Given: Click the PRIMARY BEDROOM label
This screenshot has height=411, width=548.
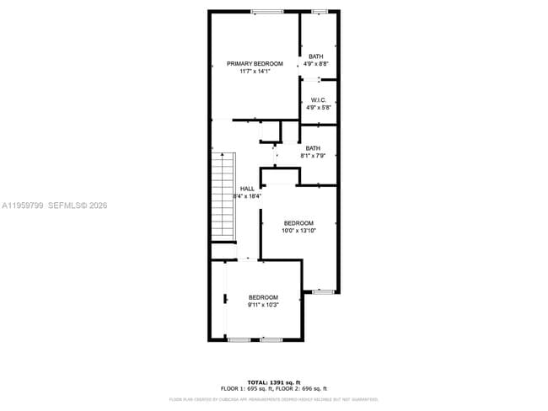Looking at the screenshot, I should (254, 64).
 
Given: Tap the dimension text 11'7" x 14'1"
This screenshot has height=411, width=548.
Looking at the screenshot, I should (254, 72).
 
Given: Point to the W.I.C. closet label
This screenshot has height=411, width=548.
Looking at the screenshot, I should (319, 100).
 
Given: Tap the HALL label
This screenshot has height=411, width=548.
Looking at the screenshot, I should (247, 189).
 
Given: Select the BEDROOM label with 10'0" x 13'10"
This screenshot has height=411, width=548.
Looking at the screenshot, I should (298, 223).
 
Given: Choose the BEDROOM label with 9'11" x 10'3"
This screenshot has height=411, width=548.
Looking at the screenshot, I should (263, 297).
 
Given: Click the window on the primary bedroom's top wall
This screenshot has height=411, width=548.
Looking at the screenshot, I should (266, 11).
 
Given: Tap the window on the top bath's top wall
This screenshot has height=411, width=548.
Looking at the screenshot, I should (320, 11).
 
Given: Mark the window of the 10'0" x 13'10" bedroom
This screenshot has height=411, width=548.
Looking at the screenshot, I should (324, 291).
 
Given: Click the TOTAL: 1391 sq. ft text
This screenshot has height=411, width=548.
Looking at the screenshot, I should (273, 382).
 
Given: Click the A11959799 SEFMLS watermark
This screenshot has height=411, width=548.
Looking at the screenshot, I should (54, 205).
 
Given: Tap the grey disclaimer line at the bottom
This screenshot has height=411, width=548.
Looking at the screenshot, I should (273, 399).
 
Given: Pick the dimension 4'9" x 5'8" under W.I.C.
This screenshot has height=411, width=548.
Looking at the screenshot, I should (319, 108).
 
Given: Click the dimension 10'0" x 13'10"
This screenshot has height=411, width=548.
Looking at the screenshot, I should (298, 231).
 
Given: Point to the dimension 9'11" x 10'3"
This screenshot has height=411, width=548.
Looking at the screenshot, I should (263, 305).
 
